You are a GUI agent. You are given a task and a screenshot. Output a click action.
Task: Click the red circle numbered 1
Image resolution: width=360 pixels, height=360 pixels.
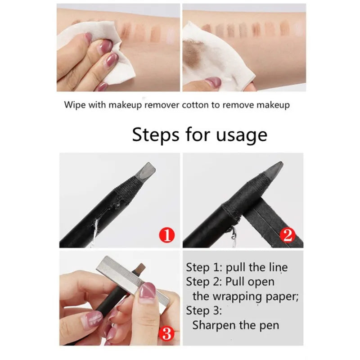coord(166,235)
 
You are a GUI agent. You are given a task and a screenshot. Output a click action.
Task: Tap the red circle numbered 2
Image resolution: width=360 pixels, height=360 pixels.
coord(288,235)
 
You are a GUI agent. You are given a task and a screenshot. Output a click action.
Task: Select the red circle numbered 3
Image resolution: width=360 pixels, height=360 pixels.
coord(167,334)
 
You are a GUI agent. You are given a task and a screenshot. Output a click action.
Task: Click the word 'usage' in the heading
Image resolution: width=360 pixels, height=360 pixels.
coord(242,135)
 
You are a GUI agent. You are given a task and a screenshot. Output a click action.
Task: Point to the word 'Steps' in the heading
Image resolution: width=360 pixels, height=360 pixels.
coord(155,135)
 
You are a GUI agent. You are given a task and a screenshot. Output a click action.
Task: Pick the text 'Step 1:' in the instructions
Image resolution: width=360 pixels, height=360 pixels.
coord(204,267)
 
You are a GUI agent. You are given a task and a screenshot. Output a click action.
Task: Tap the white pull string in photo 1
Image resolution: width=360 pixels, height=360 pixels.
coord(94,232)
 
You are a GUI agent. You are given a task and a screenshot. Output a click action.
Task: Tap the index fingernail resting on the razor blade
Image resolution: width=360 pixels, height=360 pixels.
coord(148,290)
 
